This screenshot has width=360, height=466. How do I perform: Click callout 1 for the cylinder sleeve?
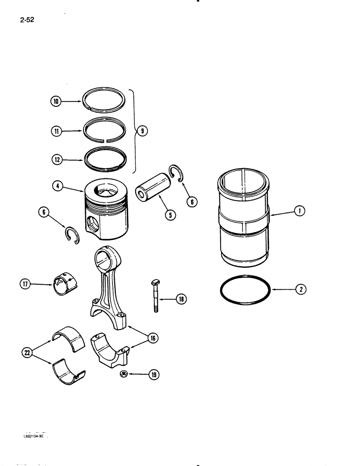[x=300, y=212]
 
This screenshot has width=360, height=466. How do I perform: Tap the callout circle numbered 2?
[x=300, y=289]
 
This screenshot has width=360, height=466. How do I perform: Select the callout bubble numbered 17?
[x=25, y=283]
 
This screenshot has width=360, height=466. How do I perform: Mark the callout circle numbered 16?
[x=152, y=338]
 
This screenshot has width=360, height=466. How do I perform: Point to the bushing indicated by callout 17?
[x=65, y=284]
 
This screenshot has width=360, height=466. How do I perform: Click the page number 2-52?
[x=28, y=21]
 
